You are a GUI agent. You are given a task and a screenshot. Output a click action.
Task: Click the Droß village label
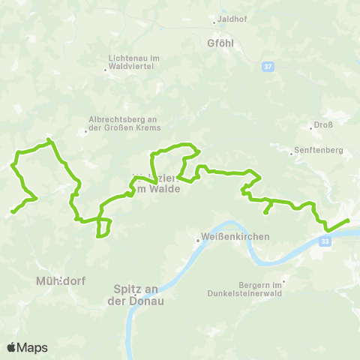[322, 127]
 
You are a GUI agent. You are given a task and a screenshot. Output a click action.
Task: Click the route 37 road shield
[268, 66]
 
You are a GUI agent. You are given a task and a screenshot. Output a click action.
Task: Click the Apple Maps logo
[27, 347]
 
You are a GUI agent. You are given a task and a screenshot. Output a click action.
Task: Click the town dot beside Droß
[310, 127]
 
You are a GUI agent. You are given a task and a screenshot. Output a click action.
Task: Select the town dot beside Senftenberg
[292, 154]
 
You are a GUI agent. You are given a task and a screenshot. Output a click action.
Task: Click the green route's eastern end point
[348, 220]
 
